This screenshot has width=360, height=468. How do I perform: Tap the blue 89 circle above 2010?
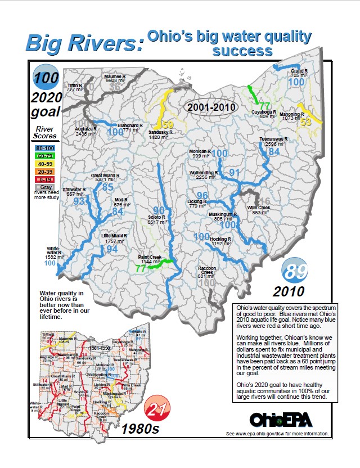coord(295,272)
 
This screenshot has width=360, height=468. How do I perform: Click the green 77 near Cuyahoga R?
coord(265,106)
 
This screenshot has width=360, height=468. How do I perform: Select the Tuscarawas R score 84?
coord(274,151)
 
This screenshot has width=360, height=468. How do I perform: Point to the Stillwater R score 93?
coord(79,201)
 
